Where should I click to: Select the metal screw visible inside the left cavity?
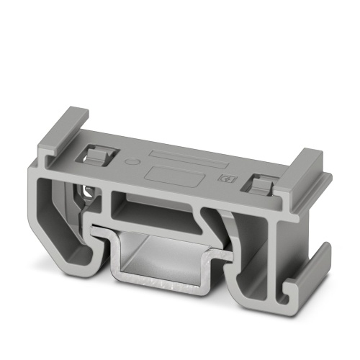[87, 192]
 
